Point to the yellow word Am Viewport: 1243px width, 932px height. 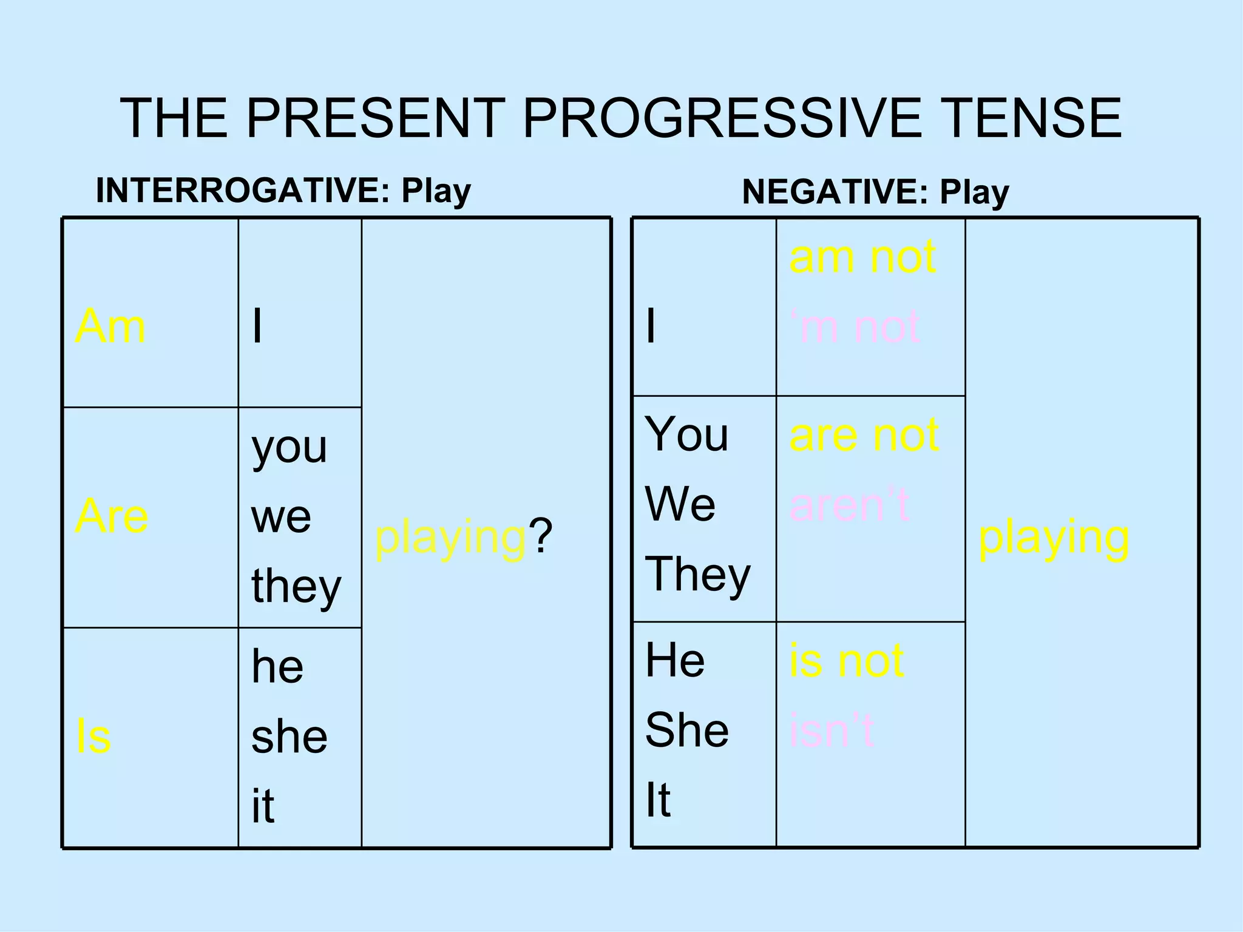110,326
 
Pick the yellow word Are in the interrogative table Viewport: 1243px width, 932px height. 112,516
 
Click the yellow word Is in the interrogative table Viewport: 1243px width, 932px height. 93,737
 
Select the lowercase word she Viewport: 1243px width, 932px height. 289,737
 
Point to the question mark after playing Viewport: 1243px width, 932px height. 540,537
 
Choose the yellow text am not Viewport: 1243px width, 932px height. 862,257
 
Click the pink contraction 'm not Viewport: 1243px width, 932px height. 855,326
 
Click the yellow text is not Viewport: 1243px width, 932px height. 846,660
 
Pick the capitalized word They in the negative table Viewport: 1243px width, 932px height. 697,574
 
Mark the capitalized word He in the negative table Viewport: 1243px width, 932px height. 675,660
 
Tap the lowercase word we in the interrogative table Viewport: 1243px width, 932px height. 281,517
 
